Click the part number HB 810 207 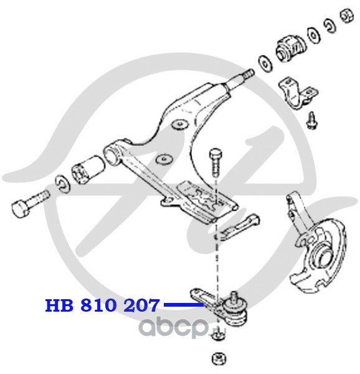pyautogui.click(x=102, y=305)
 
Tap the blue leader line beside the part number pyautogui.click(x=184, y=304)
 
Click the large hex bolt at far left pyautogui.click(x=31, y=203)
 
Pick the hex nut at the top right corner pyautogui.click(x=347, y=16)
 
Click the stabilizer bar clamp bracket pyautogui.click(x=298, y=93)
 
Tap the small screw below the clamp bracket pyautogui.click(x=311, y=120)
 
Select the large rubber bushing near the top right pyautogui.click(x=291, y=49)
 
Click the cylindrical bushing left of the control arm pyautogui.click(x=88, y=170)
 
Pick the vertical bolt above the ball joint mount pyautogui.click(x=215, y=162)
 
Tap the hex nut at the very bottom pyautogui.click(x=219, y=358)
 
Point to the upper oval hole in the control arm pyautogui.click(x=181, y=124)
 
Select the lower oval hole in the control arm pyautogui.click(x=164, y=159)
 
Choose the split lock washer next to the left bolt pyautogui.click(x=62, y=184)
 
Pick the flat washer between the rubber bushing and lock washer pyautogui.click(x=314, y=35)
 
